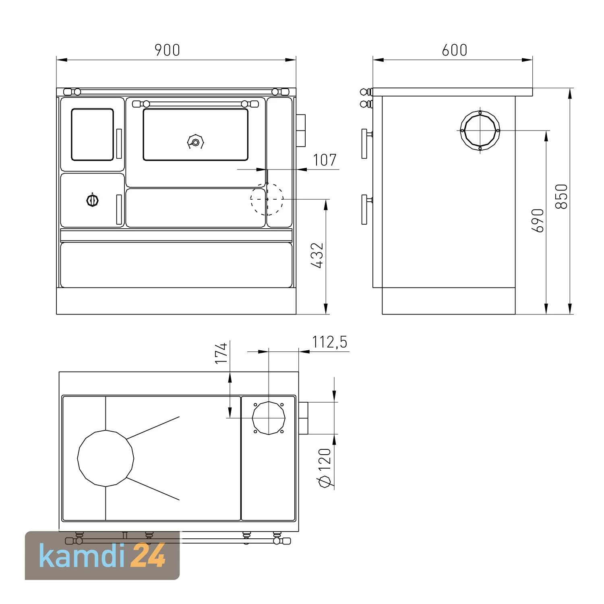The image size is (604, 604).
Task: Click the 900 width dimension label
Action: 168,50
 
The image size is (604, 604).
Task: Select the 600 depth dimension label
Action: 455,50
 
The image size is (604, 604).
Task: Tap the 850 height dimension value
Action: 561,197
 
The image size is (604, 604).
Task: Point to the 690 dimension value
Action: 538,220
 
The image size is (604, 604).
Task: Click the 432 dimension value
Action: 317,255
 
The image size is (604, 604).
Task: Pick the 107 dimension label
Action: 325,160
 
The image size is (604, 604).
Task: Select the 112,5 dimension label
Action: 329,342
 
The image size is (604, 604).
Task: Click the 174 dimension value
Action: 221,353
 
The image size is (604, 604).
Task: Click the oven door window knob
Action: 195,142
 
